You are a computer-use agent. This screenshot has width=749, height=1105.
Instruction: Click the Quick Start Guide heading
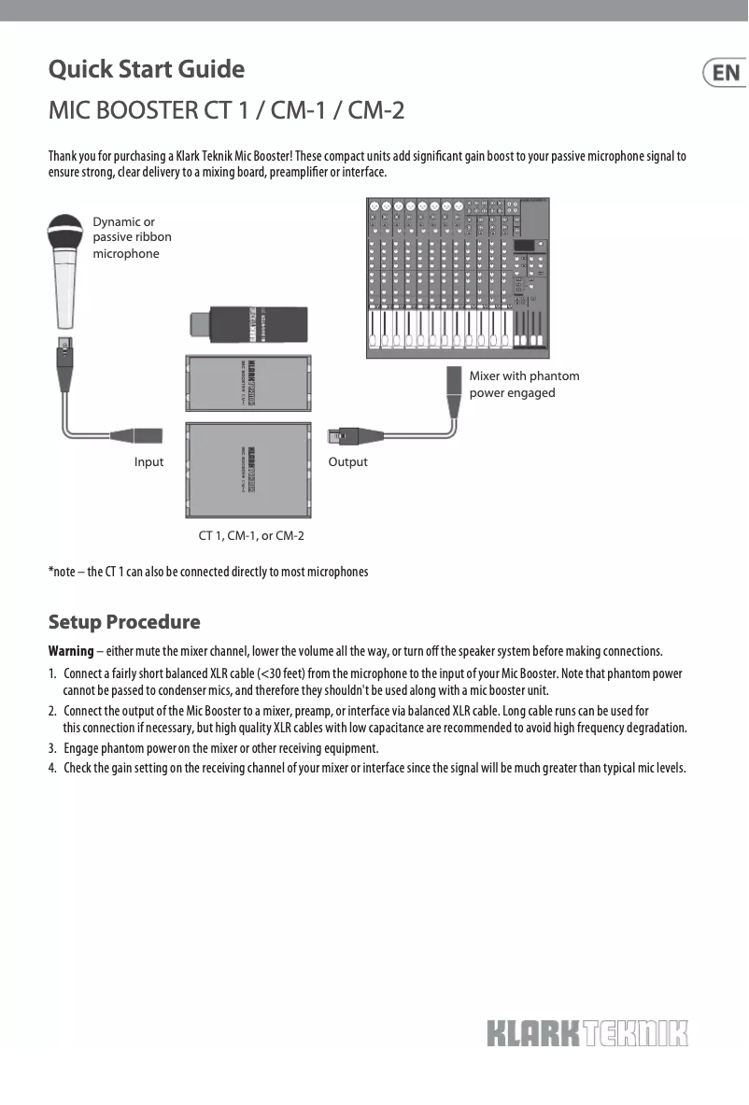[x=147, y=70]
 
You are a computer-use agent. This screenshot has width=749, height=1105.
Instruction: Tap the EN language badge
[x=726, y=73]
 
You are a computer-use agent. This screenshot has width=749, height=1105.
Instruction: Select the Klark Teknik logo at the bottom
[x=586, y=1034]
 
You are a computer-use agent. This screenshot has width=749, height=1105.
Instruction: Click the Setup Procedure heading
[x=124, y=622]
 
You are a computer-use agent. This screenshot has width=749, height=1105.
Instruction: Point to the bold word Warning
[x=71, y=651]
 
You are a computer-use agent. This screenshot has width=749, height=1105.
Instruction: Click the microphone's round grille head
[x=67, y=231]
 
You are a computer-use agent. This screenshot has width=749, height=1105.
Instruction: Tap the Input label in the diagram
[x=148, y=462]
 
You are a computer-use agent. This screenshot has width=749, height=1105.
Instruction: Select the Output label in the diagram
[x=347, y=462]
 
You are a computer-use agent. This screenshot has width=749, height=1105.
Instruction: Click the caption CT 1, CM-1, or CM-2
[x=251, y=536]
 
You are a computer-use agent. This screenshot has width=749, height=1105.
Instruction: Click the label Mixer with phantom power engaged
[x=524, y=384]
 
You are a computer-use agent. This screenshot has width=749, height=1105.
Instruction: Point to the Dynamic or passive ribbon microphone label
[x=132, y=237]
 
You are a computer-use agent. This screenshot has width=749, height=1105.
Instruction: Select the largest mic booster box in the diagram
[x=249, y=470]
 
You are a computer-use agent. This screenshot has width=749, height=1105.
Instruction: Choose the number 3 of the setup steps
[x=52, y=749]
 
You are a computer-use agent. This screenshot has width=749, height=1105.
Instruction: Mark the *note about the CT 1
[x=208, y=572]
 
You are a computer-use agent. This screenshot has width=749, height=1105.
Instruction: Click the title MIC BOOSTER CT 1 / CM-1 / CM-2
[x=226, y=111]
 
